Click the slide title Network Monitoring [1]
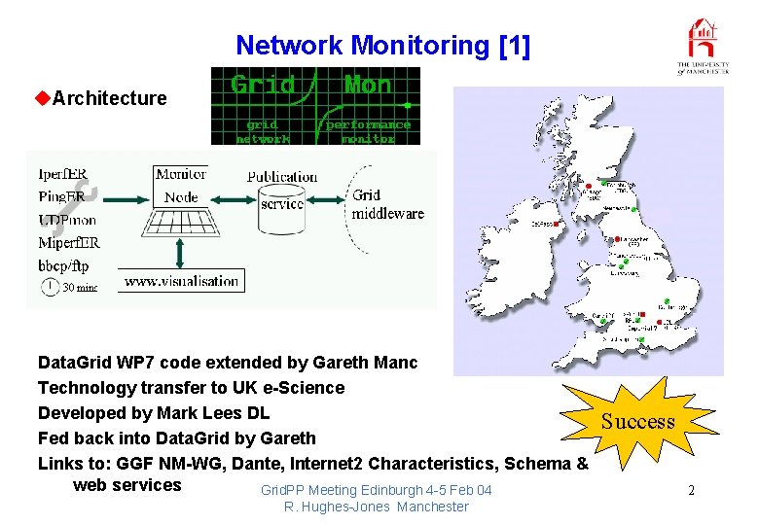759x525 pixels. pyautogui.click(x=383, y=45)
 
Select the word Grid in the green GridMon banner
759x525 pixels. pyautogui.click(x=263, y=86)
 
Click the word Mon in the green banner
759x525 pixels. pyautogui.click(x=368, y=86)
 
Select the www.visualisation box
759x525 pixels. pyautogui.click(x=182, y=281)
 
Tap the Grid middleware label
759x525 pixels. pyautogui.click(x=387, y=205)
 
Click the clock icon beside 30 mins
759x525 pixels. pyautogui.click(x=50, y=286)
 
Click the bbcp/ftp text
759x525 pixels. pyautogui.click(x=63, y=264)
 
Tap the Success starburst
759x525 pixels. pyautogui.click(x=637, y=420)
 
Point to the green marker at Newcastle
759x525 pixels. pyautogui.click(x=633, y=209)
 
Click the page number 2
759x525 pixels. pyautogui.click(x=691, y=490)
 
